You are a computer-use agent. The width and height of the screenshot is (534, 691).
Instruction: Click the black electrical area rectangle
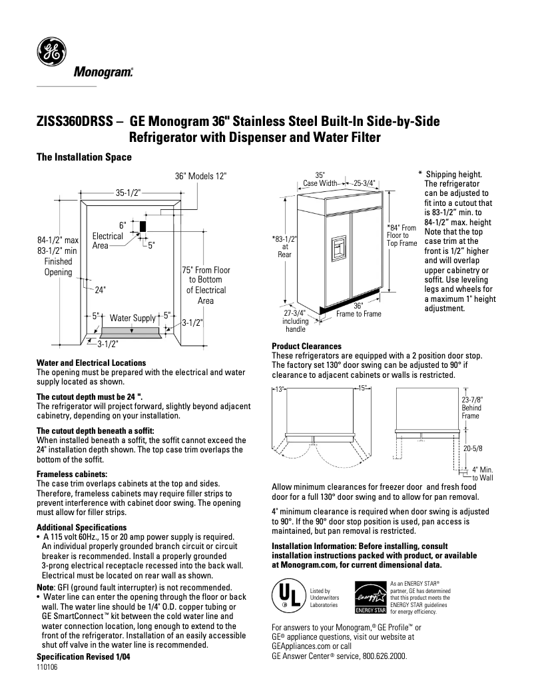point(142,225)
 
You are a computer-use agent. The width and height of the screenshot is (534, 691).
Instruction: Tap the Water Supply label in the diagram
point(133,319)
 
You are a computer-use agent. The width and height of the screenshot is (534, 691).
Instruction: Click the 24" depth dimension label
point(101,291)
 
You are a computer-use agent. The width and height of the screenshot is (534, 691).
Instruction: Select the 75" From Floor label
point(206,271)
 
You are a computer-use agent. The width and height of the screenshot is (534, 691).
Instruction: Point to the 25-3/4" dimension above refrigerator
point(365,183)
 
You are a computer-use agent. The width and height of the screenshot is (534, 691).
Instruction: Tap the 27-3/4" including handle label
point(294,321)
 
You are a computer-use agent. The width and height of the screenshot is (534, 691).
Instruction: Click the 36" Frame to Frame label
point(358,310)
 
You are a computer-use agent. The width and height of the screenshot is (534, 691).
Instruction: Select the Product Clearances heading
point(306,346)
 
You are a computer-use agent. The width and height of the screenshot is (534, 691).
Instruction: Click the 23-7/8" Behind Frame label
point(471,407)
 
